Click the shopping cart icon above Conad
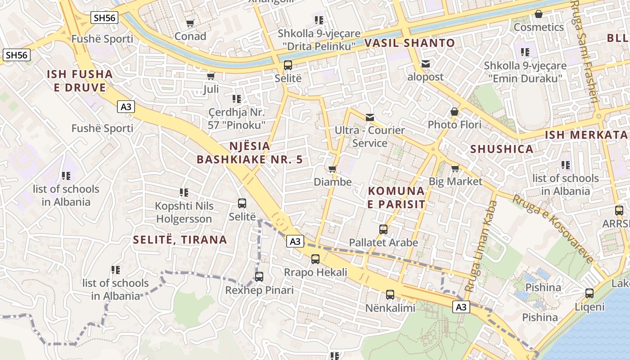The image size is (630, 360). click(x=190, y=23)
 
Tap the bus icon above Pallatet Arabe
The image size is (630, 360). click(x=383, y=229)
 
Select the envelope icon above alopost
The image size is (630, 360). click(x=426, y=64)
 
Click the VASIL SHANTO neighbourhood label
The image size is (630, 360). click(x=409, y=43)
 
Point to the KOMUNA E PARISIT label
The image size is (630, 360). click(x=396, y=197)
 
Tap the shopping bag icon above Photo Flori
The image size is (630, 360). click(x=454, y=111)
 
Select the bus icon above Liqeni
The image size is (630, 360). click(x=589, y=293)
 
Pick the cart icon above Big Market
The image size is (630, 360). click(x=455, y=168)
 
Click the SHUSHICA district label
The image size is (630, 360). click(x=502, y=149)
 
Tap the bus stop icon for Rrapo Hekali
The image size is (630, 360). click(x=315, y=259)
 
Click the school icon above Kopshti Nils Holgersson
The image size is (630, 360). click(x=184, y=193)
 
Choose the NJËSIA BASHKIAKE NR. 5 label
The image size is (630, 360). click(x=250, y=153)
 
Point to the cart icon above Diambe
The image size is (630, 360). click(x=333, y=169)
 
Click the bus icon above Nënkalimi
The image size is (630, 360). click(x=390, y=295)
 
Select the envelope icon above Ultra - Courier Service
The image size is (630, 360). click(x=370, y=117)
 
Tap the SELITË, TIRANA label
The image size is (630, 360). click(x=180, y=240)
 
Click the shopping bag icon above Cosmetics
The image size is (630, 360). click(x=539, y=14)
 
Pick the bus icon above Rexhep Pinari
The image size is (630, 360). click(x=259, y=277)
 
